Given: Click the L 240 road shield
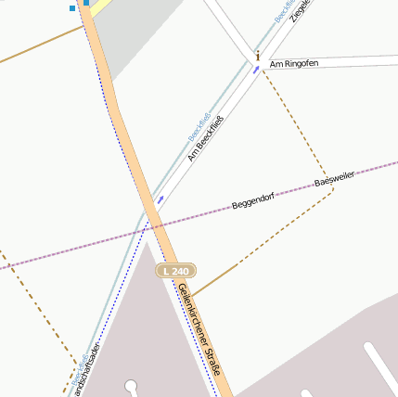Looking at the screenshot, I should [x=173, y=271].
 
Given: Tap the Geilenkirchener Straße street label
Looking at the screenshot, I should [x=199, y=330].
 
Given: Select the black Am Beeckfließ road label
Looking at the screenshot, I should [x=206, y=136].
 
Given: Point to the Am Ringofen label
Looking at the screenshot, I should [x=293, y=63].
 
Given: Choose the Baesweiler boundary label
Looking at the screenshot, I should [x=335, y=179].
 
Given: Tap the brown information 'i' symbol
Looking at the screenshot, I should [x=258, y=56].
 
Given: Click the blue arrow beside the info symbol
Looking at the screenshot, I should [x=255, y=70].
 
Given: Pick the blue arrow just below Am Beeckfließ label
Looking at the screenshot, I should [x=160, y=198].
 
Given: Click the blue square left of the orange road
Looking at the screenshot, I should [x=72, y=8].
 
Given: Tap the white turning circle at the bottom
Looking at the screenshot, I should [x=131, y=385].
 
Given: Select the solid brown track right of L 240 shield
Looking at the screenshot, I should [x=214, y=278].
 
